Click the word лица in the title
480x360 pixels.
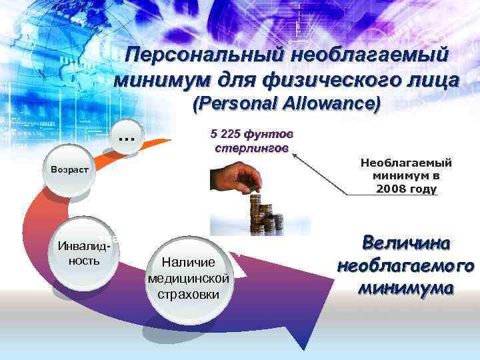(429, 81)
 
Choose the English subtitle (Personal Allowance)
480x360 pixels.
(287, 105)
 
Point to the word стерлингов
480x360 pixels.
(251, 147)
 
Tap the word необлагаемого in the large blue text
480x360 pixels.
(406, 266)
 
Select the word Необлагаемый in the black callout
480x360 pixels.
(406, 163)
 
